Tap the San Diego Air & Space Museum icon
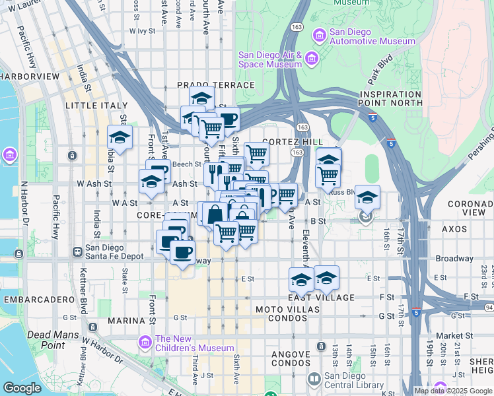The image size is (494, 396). [311, 59]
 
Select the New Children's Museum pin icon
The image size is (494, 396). [145, 342]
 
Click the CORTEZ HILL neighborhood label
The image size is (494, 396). [293, 142]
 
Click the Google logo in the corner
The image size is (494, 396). [22, 387]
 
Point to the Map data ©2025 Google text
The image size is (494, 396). [454, 391]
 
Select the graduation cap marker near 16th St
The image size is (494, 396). [367, 197]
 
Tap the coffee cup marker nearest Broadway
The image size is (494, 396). [182, 252]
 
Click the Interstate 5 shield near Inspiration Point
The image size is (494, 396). [373, 118]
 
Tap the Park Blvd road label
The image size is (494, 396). [380, 75]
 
